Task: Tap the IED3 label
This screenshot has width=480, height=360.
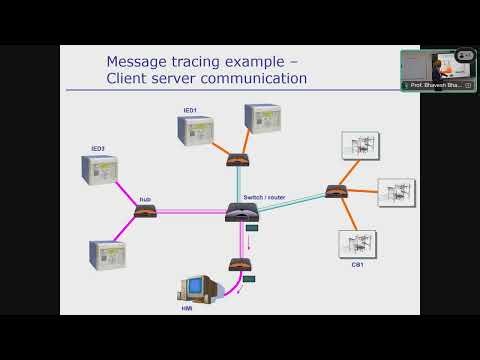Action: tap(98, 149)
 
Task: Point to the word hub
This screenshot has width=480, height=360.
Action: tap(145, 199)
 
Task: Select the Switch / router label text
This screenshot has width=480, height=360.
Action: tap(264, 197)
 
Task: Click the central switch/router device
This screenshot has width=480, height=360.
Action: tap(242, 211)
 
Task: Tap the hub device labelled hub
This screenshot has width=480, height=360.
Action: tap(146, 211)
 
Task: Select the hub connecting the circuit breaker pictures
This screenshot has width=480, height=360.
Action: tap(336, 191)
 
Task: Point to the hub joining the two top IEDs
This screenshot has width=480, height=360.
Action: tap(237, 159)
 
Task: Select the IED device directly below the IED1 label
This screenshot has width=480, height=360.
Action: tap(197, 134)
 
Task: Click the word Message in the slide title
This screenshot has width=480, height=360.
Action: tap(139, 60)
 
